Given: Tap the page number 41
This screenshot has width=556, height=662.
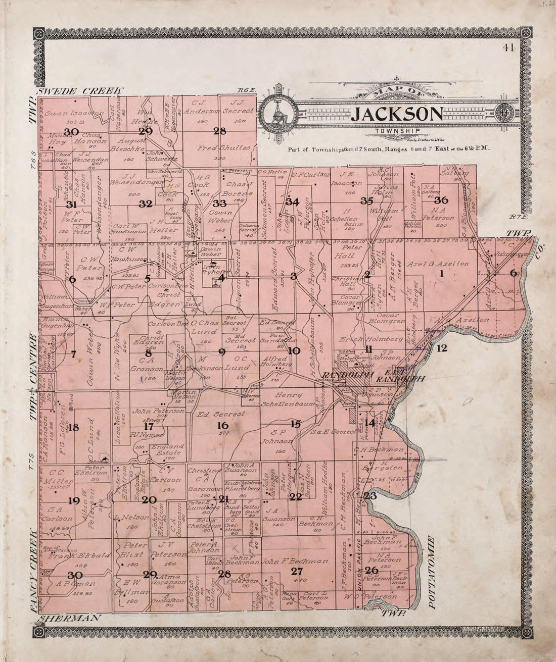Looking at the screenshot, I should coord(508,48).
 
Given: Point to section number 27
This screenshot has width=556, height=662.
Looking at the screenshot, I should coord(297,571).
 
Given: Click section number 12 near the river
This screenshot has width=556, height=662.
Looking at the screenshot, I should coord(442,348).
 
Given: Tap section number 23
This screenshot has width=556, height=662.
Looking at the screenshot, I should coord(370,495).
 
